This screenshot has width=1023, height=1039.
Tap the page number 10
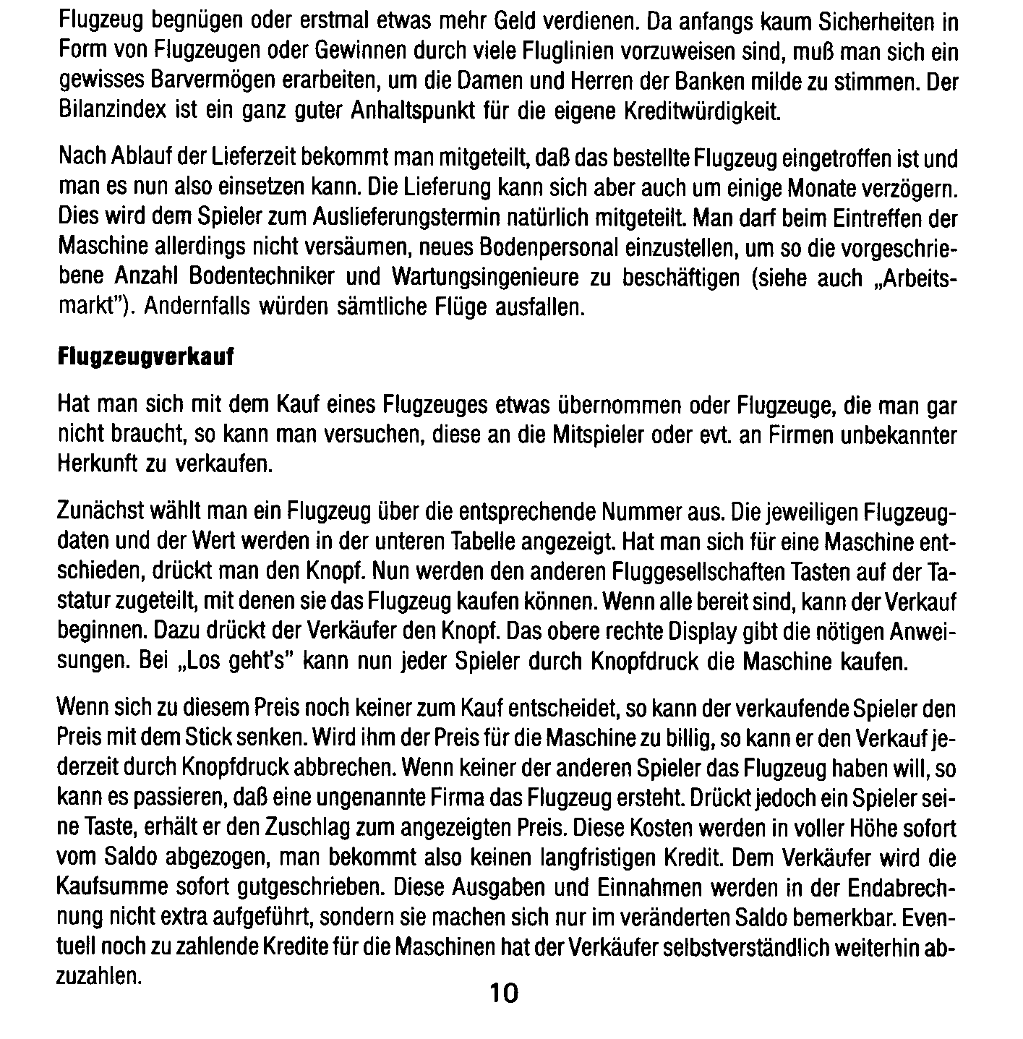tap(504, 993)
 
